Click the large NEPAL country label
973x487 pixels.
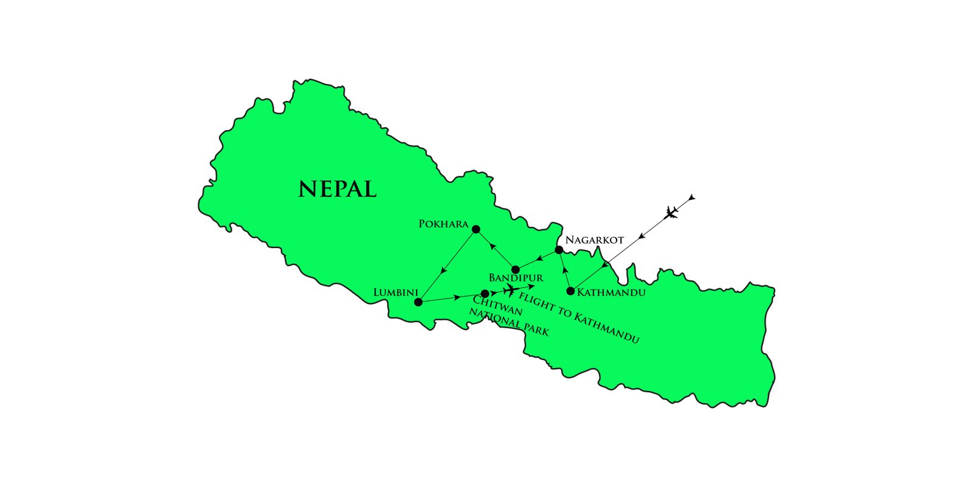338,189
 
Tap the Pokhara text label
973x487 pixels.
443,224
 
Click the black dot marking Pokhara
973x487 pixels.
476,229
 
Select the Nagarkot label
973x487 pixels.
594,240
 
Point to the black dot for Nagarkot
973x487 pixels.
559,249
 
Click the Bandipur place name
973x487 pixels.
516,278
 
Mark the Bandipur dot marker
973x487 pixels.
516,269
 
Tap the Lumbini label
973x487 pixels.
395,293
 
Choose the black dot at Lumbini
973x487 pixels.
418,302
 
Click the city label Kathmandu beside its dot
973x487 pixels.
611,292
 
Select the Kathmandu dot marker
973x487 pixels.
570,291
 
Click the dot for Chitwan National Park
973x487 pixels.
485,294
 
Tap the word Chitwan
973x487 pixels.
497,305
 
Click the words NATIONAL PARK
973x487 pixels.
508,322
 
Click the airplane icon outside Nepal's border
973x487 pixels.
671,212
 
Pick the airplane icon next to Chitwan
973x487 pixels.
512,291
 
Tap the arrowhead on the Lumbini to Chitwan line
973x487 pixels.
457,297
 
